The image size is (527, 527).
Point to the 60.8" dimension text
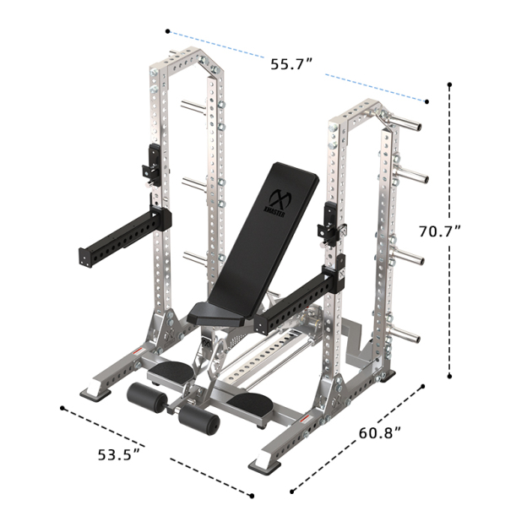379,434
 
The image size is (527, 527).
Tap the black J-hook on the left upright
154,165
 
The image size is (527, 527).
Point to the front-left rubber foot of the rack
93,391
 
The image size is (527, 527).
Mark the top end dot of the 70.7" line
450,85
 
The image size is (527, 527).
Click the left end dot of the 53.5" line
63,408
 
